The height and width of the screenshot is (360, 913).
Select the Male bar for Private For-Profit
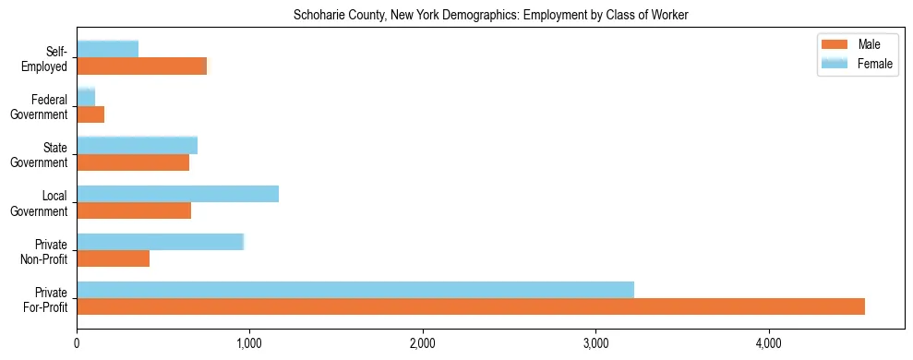tap(471, 306)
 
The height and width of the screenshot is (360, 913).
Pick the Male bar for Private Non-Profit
tap(113, 258)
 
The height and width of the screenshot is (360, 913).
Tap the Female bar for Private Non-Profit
tap(160, 242)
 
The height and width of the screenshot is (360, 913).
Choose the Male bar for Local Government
tap(134, 210)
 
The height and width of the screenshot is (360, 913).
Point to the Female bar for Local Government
tap(177, 194)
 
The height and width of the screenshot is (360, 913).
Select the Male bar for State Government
tap(133, 162)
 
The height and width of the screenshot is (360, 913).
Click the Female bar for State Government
tap(137, 146)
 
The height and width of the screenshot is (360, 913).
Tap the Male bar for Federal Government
tap(90, 114)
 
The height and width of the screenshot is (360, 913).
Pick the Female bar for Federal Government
tap(86, 98)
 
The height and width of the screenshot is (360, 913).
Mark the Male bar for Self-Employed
tap(141, 66)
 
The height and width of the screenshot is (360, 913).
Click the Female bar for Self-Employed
tap(107, 49)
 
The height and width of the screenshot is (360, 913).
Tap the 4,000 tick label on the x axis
tap(768, 343)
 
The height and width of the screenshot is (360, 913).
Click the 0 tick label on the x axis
tap(77, 343)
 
